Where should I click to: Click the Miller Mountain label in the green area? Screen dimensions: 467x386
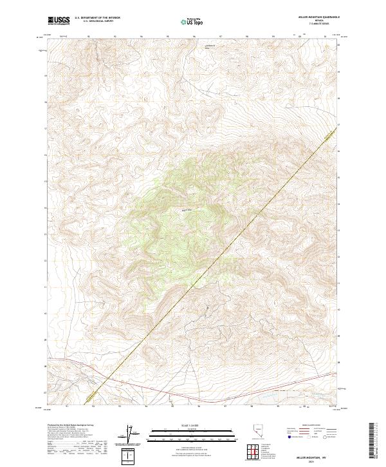click(187, 209)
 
